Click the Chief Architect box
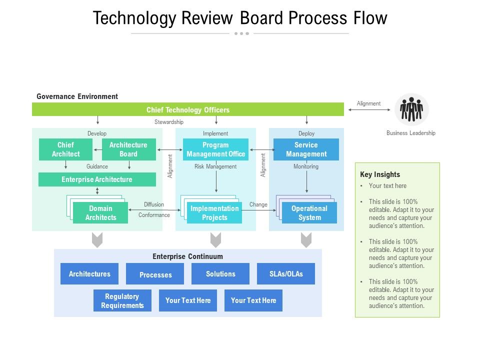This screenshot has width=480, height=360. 65,149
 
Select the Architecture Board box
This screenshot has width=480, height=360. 128,149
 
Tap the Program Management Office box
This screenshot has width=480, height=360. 215,149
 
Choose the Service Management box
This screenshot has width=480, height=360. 306,149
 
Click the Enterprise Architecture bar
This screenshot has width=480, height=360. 97,179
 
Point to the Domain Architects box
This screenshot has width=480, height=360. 100,213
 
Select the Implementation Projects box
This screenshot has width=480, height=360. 214,213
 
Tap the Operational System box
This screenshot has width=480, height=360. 309,213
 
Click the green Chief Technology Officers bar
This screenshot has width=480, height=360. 188,110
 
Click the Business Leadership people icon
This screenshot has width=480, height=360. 411,109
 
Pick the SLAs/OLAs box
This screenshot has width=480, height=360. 286,274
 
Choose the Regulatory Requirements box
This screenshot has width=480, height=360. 122,301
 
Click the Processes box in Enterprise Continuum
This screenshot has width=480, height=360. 155,274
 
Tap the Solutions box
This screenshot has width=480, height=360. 220,274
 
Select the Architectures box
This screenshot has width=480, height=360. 89,274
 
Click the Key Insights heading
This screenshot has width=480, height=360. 380,174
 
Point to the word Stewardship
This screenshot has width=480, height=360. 169,122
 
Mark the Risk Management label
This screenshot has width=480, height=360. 215,166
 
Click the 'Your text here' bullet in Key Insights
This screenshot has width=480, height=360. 387,186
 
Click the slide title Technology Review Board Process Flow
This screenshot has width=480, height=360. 240,18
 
